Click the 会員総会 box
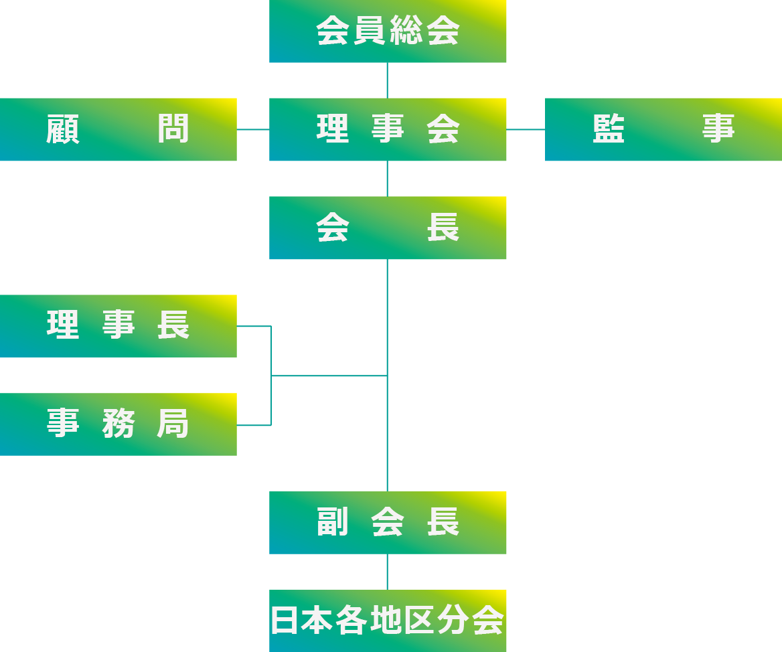388,31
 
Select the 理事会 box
388,129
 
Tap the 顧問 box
119,129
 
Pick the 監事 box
663,129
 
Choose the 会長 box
388,228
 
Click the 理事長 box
119,326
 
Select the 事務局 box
119,424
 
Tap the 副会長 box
388,523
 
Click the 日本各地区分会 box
388,621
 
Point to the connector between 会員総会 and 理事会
388,80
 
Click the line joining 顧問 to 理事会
253,129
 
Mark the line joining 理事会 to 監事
526,129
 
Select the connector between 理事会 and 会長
388,179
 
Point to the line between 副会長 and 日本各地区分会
388,572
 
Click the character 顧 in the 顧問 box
64,129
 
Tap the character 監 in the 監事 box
609,129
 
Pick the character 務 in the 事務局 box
119,424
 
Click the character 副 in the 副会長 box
333,523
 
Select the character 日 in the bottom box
285,621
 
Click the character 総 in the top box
406,31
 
